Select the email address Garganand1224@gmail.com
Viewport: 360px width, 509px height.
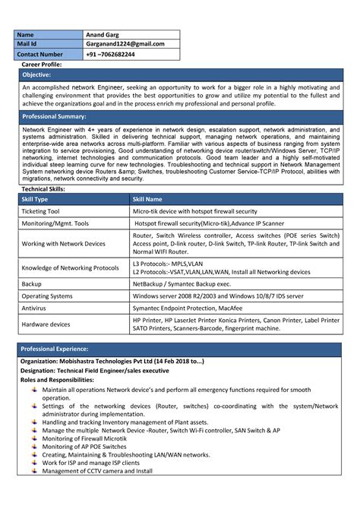(125, 44)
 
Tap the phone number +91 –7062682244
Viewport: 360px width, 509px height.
(111, 55)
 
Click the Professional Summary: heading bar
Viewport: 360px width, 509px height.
(54, 117)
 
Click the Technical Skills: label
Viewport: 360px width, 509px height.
(43, 188)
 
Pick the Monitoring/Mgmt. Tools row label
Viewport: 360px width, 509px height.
(55, 224)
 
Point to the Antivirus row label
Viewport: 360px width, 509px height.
(35, 308)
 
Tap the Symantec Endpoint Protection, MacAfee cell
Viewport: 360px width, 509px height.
(188, 308)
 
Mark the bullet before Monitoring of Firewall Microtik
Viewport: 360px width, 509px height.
(34, 438)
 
